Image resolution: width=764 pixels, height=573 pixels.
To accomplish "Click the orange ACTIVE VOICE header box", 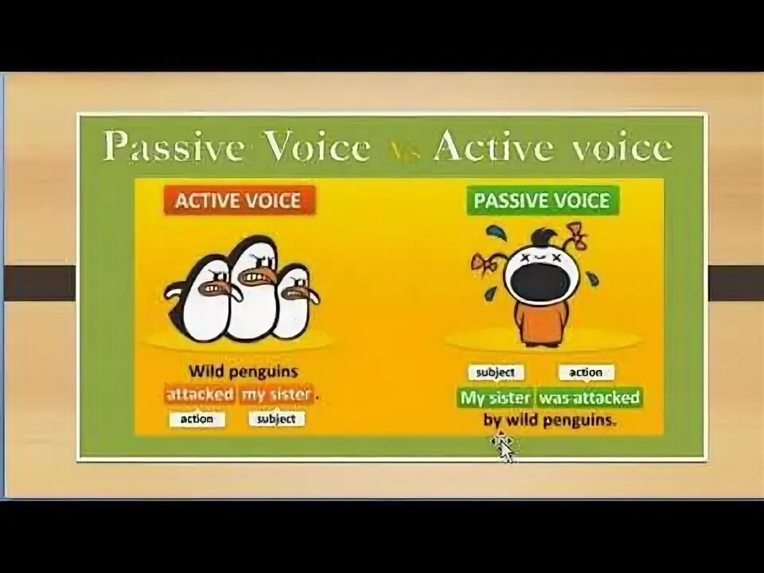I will (240, 200).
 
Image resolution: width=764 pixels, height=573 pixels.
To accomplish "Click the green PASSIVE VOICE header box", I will (541, 200).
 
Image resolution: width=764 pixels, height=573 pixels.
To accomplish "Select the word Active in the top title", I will (486, 148).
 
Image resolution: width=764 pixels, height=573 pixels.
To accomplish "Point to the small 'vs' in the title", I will (403, 151).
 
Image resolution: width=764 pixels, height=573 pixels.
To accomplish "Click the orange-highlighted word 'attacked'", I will (200, 394).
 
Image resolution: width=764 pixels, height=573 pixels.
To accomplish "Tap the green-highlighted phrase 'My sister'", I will (495, 397).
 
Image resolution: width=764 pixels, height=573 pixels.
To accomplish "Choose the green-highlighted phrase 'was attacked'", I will (589, 397).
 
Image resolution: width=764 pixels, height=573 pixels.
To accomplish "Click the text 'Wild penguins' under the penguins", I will (243, 371).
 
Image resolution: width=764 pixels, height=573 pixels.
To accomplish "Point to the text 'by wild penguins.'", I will (550, 421).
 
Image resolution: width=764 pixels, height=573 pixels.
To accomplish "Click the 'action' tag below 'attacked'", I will (197, 419).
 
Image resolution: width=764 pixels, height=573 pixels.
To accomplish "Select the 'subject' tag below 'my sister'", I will (276, 419).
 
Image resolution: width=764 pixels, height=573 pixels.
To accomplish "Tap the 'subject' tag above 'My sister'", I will (495, 372).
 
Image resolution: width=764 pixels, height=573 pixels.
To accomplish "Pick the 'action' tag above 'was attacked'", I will (586, 372).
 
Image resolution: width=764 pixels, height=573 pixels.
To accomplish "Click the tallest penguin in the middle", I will (252, 286).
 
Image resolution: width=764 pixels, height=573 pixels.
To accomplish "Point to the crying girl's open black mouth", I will (541, 282).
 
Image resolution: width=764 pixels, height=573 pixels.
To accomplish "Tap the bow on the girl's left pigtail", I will (485, 263).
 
